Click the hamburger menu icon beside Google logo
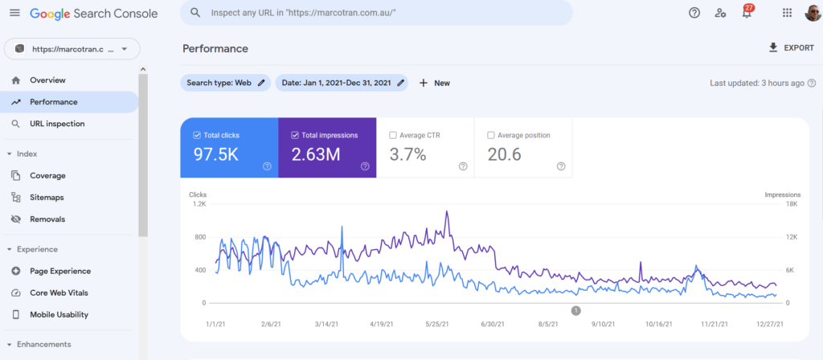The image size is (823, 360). click(x=14, y=13)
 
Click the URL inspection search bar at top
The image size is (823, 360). click(x=376, y=13)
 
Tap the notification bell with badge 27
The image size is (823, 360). click(x=747, y=13)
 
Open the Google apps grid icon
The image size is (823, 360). click(x=787, y=13)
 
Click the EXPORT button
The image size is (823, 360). click(x=792, y=48)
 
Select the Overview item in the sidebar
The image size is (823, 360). click(x=47, y=80)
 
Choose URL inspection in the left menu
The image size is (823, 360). click(x=57, y=124)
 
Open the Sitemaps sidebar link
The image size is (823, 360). click(x=47, y=197)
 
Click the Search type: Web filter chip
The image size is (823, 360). click(x=225, y=83)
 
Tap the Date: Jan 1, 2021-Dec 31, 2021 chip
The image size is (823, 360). click(x=341, y=83)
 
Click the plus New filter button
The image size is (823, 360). click(x=434, y=83)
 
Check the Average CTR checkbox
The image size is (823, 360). click(x=393, y=135)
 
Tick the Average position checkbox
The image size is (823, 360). click(x=491, y=135)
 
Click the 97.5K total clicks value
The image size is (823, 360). click(x=217, y=154)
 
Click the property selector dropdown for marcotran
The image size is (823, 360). click(x=72, y=49)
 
